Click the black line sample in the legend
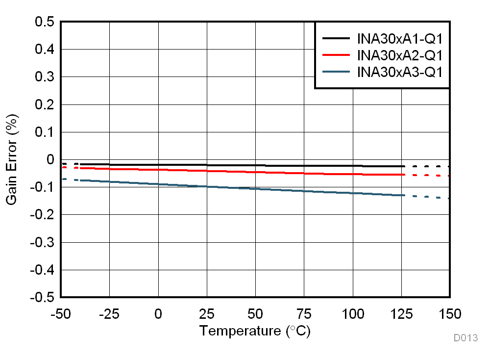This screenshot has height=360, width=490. [336, 38]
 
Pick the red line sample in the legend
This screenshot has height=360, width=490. [336, 55]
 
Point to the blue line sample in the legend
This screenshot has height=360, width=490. [336, 72]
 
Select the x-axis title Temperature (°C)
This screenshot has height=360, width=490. [255, 331]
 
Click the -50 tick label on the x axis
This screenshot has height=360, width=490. [61, 313]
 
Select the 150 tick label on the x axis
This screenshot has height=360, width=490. [449, 313]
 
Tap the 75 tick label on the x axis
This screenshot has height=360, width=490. [304, 313]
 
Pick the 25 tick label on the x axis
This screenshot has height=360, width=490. [207, 313]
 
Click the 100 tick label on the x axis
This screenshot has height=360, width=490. [352, 313]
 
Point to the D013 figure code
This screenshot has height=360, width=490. [465, 338]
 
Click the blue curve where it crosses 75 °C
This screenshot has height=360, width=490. [304, 191]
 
